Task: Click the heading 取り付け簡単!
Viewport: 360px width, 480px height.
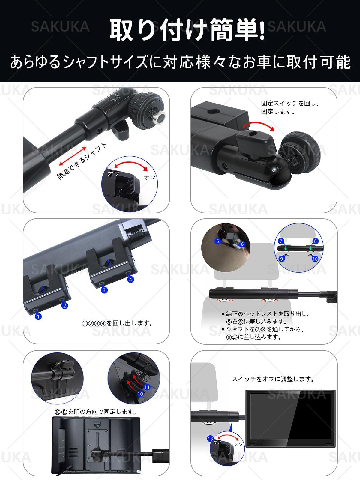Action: coord(187,30)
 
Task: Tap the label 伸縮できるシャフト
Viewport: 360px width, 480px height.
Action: coord(82,161)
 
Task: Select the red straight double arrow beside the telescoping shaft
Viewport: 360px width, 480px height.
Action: coord(73,156)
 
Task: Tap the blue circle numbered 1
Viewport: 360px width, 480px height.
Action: coord(38,316)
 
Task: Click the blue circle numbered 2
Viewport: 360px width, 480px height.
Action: coord(64,305)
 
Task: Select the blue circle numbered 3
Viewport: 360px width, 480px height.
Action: coord(104,290)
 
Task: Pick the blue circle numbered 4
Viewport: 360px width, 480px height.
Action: coord(130,280)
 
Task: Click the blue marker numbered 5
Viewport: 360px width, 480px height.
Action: coord(217,241)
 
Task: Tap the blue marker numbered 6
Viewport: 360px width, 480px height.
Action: coord(242,244)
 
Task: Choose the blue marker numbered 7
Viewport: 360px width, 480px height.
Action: coord(281,241)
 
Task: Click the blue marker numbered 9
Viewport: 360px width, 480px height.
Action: coord(282,259)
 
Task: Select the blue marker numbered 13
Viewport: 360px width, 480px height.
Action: coord(210,439)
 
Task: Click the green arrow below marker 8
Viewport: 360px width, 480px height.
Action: coord(310,248)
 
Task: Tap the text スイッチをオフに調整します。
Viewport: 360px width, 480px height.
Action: coord(273,379)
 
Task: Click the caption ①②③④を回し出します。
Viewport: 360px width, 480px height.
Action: coord(117,323)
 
